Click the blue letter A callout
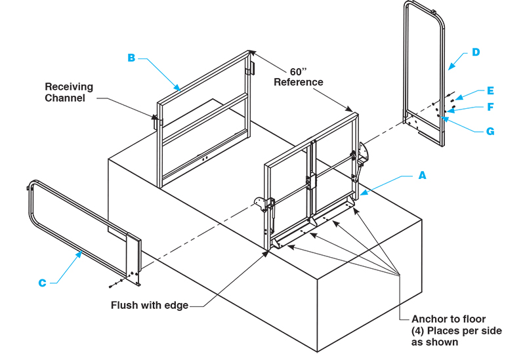[422, 175]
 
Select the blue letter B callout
[131, 58]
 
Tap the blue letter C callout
[42, 283]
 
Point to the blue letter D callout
[476, 52]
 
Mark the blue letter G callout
[490, 131]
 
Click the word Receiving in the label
[69, 87]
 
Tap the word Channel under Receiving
[66, 98]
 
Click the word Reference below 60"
[299, 83]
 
